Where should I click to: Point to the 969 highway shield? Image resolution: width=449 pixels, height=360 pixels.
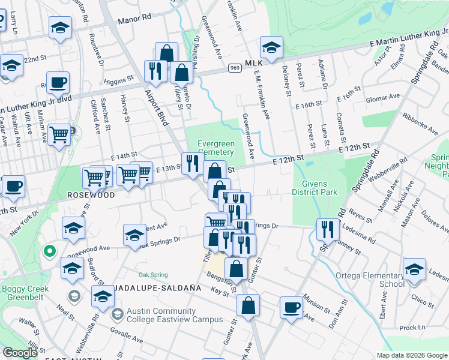[235, 70]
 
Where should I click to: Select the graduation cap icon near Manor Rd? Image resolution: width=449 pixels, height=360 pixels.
[60, 29]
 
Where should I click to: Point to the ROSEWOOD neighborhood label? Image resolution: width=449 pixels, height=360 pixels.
[91, 196]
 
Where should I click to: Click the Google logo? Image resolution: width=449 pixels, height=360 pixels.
[20, 353]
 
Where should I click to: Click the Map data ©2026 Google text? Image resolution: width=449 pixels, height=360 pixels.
[411, 355]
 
